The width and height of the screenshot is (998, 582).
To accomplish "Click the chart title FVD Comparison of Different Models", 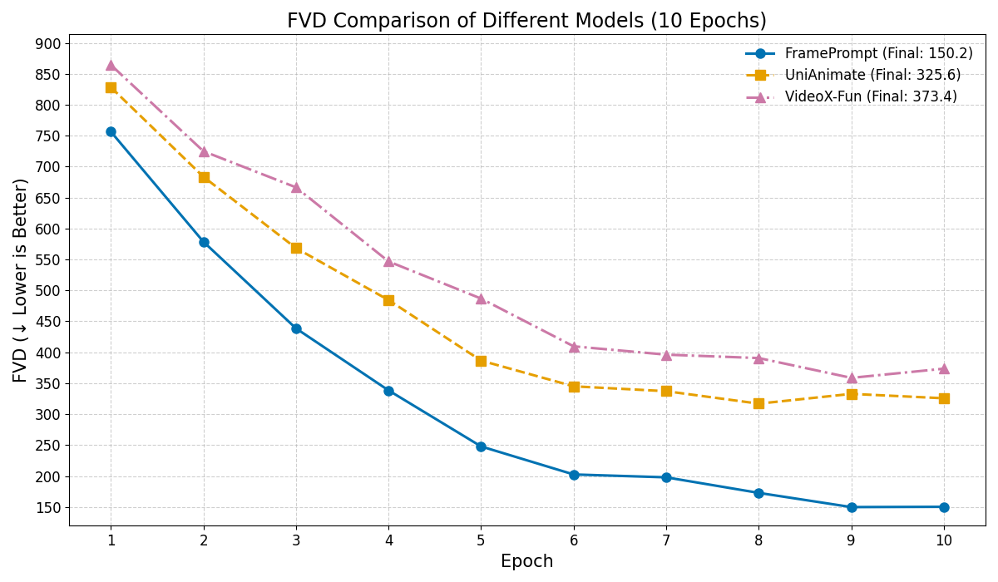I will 526,21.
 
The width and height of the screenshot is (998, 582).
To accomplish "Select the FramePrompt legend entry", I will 878,54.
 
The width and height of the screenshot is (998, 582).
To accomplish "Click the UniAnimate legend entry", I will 872,76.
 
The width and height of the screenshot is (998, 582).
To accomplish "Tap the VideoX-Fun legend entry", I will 871,97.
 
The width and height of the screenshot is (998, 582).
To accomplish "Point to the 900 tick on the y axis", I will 48,43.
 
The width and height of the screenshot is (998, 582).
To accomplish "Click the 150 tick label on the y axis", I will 48,507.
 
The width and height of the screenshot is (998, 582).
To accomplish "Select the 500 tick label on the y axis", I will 48,291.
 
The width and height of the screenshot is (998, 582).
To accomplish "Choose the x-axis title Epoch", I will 526,562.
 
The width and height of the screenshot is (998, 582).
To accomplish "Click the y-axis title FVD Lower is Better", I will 21,280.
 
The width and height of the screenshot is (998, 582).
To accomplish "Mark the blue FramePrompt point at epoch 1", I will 111,131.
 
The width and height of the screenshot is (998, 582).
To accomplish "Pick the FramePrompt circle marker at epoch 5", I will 481,446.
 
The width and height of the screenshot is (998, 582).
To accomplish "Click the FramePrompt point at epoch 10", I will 944,507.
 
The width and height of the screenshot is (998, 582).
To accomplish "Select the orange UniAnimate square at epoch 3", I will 296,248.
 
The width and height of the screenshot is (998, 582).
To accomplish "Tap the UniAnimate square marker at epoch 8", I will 758,403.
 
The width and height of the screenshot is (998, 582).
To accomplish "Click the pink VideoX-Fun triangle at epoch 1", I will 111,65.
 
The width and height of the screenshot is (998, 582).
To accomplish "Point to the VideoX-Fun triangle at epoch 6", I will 574,347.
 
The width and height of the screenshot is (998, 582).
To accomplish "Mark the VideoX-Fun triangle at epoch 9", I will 852,377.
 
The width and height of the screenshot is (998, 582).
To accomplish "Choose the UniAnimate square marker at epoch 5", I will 481,361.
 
